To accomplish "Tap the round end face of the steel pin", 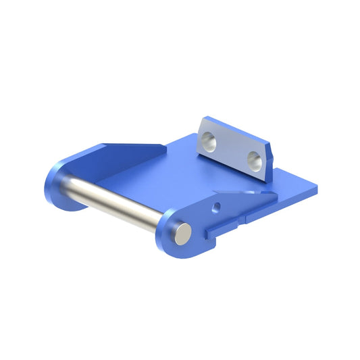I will click(182, 233).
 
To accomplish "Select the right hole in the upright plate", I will click(254, 159).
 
